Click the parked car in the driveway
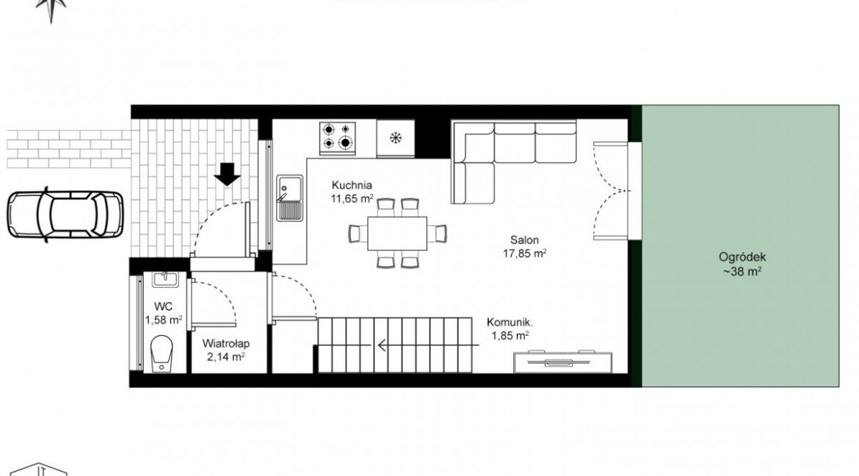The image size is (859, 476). click(x=66, y=214)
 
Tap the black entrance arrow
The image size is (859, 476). click(x=227, y=174)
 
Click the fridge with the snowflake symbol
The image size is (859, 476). click(x=395, y=137)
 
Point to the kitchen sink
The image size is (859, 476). click(x=289, y=198)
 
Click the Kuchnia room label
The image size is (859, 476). click(x=352, y=185)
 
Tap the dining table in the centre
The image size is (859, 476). click(x=397, y=233)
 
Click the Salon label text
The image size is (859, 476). click(x=524, y=239)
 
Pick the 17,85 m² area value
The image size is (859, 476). click(x=524, y=253)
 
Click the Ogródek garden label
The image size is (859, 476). click(x=742, y=257)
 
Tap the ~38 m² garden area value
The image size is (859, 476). click(x=742, y=271)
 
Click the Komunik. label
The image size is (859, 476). click(x=510, y=322)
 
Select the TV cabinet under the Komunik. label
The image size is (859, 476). click(x=563, y=361)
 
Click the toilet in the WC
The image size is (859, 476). click(x=162, y=354)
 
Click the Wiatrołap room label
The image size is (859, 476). click(x=225, y=344)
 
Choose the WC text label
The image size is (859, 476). click(x=163, y=306)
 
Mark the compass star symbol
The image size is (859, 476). click(x=51, y=7)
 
